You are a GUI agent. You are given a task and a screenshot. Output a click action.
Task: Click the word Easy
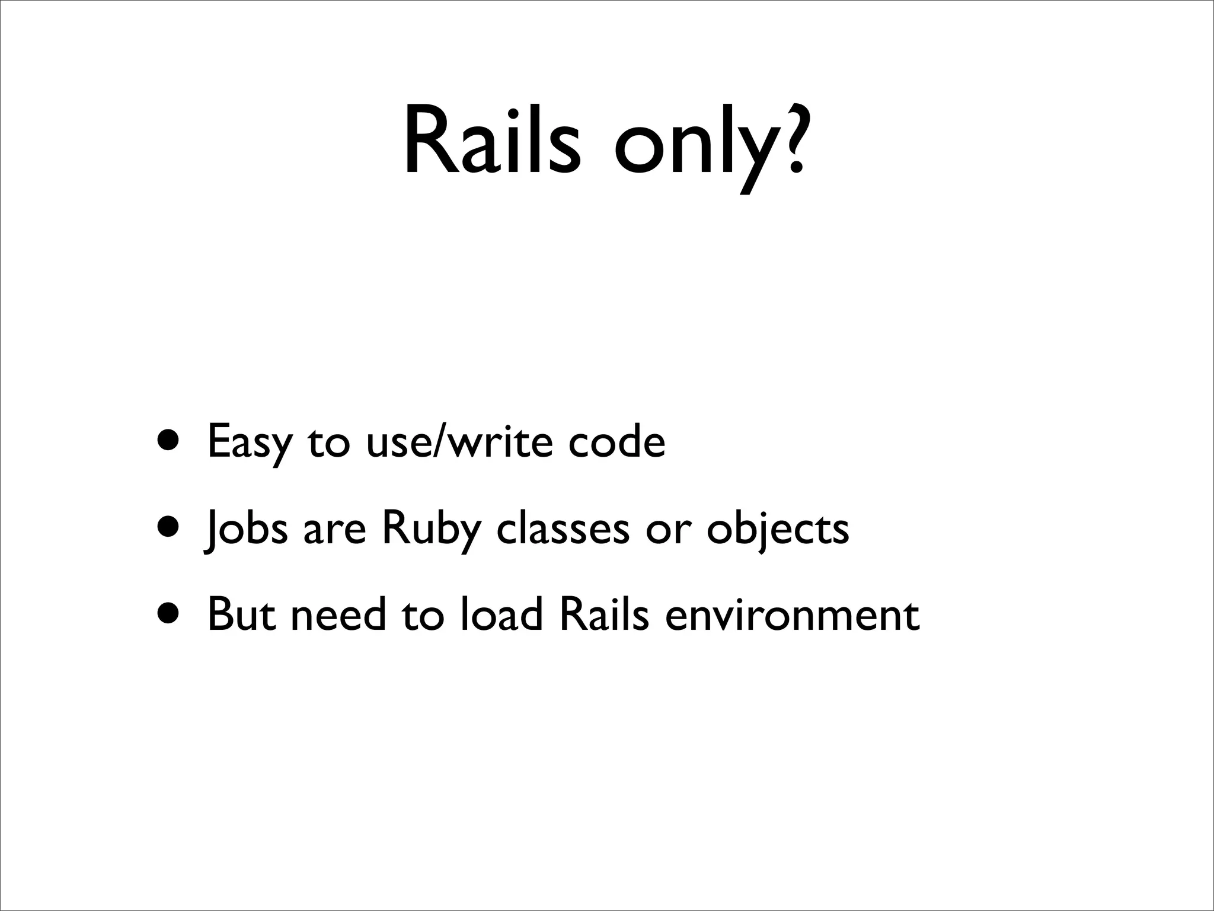click(x=250, y=442)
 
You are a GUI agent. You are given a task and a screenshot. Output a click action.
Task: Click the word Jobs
click(x=245, y=528)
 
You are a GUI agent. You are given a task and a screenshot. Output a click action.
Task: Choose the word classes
click(x=563, y=527)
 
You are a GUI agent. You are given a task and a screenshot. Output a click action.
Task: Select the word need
click(x=338, y=614)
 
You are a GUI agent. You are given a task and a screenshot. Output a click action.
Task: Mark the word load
click(x=501, y=614)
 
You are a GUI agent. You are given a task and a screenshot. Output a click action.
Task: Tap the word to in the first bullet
click(x=329, y=442)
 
